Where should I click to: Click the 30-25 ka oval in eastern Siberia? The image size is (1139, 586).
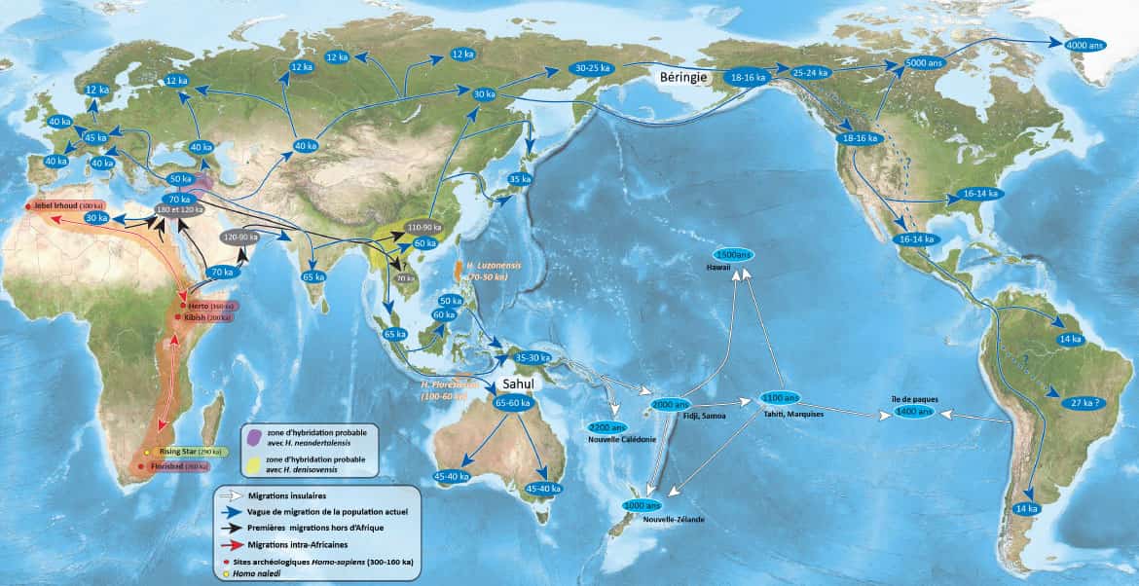coord(592,69)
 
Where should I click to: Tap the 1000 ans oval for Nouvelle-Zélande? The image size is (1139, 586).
coord(642,505)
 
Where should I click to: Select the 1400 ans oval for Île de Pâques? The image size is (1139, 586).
coord(914,413)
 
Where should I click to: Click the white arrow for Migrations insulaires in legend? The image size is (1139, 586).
coord(230,495)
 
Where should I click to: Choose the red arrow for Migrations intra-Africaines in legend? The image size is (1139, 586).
coord(230,542)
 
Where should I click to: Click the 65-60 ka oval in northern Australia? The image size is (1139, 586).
coord(512,404)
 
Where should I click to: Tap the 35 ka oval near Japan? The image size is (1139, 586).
coord(520,179)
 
